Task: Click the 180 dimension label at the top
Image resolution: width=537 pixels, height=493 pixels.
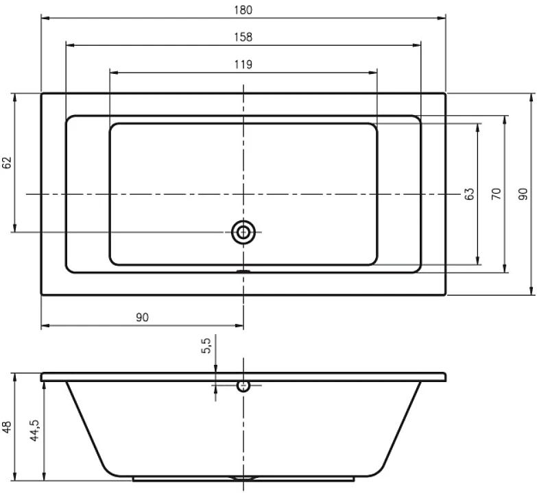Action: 243,10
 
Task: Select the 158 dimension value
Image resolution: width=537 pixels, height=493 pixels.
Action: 243,37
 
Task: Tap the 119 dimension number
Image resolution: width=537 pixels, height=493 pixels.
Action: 243,64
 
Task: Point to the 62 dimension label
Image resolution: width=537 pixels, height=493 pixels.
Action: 7,162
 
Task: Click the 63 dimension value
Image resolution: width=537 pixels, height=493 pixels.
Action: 470,194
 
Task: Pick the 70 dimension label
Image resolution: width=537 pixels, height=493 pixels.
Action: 497,194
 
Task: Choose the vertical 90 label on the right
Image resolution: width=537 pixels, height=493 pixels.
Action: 523,194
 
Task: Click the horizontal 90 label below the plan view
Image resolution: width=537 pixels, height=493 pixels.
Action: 143,317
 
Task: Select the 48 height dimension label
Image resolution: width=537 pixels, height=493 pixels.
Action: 7,427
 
